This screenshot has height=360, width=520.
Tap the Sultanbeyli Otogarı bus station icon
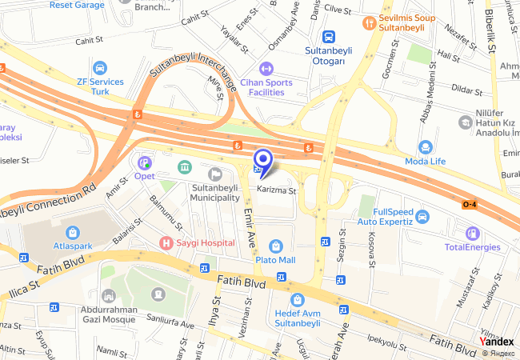coord(329,37)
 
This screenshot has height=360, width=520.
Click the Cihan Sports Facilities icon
coord(266,69)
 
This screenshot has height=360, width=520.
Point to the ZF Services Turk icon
coord(100,69)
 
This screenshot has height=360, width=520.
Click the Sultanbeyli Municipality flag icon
coord(214,174)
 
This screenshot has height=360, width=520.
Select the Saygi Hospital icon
coord(166,242)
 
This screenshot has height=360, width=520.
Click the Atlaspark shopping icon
coord(73,233)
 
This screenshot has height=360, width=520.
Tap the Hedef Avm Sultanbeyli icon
coord(297,300)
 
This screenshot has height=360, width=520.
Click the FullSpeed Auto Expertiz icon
coord(422,216)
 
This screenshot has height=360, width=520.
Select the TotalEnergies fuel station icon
coord(473,234)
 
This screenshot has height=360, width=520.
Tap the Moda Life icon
coord(426,147)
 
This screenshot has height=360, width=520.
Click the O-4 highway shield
coord(472,205)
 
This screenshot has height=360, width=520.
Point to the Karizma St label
coord(277,191)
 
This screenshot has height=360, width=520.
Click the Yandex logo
coord(496,341)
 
